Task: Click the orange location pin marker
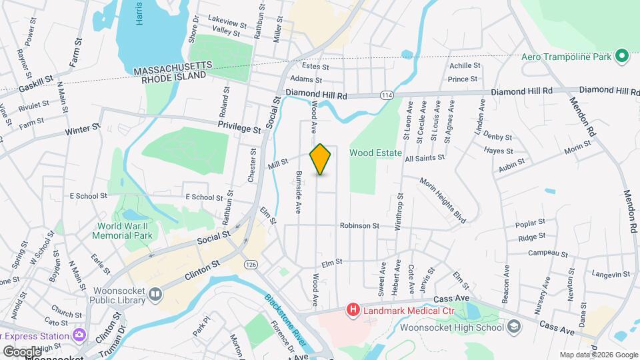pos(321,159)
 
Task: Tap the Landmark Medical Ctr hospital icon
pos(352,310)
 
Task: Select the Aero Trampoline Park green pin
pos(623,57)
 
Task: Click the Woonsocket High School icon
pos(513,326)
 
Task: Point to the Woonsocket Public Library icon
pos(155,293)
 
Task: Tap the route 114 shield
pos(386,96)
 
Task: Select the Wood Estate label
pos(376,153)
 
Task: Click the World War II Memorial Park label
pos(125,230)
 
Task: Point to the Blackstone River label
pos(287,319)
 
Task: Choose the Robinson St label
pos(359,226)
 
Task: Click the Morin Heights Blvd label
pos(442,199)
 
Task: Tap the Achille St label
pos(465,65)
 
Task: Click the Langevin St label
pos(611,274)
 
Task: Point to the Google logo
pos(21,351)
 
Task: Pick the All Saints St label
pos(429,159)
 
